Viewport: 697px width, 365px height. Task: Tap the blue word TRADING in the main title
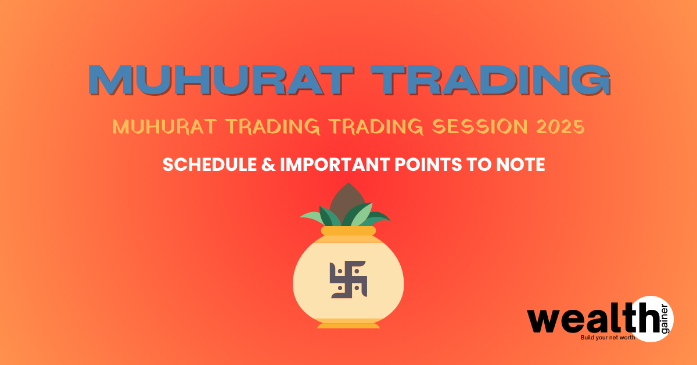point(491,80)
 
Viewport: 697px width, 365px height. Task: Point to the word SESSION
point(479,127)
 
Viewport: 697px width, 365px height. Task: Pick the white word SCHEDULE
point(210,164)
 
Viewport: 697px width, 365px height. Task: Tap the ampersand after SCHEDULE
point(268,164)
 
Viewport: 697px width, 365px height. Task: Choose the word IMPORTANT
point(335,164)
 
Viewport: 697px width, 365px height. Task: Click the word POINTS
point(428,164)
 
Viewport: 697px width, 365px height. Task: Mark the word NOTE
point(520,164)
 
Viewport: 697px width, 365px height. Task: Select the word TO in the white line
point(479,164)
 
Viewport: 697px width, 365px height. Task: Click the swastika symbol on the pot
point(348,280)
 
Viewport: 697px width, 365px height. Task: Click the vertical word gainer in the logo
point(664,319)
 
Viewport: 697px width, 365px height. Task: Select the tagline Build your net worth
point(608,337)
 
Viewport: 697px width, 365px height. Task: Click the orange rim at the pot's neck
point(348,231)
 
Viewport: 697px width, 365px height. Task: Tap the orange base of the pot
point(348,325)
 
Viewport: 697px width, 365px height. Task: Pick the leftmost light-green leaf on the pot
point(312,217)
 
